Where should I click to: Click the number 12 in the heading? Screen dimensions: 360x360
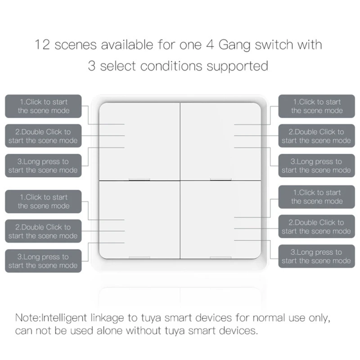pyautogui.click(x=43, y=45)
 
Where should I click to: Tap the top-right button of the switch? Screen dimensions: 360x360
pyautogui.click(x=220, y=140)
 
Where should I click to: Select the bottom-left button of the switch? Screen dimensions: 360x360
pyautogui.click(x=139, y=220)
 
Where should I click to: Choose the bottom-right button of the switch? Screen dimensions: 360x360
pyautogui.click(x=220, y=220)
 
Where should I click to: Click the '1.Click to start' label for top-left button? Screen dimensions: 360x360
pyautogui.click(x=43, y=106)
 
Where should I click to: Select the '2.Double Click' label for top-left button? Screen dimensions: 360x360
pyautogui.click(x=43, y=136)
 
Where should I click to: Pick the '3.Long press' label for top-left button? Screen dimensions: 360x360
pyautogui.click(x=43, y=166)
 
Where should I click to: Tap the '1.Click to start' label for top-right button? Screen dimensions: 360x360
pyautogui.click(x=316, y=106)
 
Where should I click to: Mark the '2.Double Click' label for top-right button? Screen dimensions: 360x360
pyautogui.click(x=316, y=136)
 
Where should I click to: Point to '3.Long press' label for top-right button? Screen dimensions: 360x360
pyautogui.click(x=316, y=166)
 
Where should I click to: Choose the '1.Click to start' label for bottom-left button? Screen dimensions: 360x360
pyautogui.click(x=43, y=201)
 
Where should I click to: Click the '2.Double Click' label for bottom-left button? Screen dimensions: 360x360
pyautogui.click(x=43, y=231)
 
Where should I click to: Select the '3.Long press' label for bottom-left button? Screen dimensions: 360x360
pyautogui.click(x=43, y=261)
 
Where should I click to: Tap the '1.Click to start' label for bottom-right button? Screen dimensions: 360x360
pyautogui.click(x=316, y=197)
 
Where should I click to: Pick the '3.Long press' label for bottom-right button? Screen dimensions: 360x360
pyautogui.click(x=316, y=256)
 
